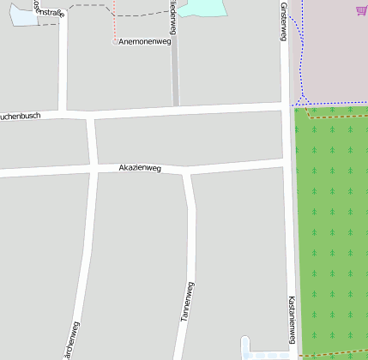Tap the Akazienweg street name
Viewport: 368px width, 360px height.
coord(141,168)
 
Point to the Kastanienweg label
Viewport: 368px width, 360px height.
coord(293,321)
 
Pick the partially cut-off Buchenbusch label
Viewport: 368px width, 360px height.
coord(20,115)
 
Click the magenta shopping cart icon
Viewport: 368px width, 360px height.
coord(360,10)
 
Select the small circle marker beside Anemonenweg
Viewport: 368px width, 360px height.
coord(115,41)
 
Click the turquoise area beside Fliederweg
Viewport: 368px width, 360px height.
coord(204,8)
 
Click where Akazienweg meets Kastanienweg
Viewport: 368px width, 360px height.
coord(287,161)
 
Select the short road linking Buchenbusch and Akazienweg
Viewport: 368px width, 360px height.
coord(91,141)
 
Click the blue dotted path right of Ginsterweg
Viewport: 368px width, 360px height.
coord(301,51)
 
